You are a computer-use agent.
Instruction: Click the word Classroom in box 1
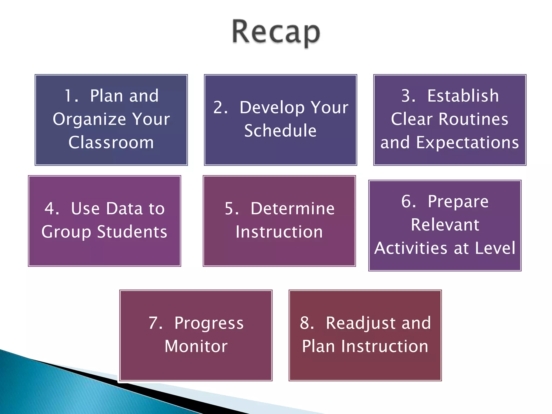[x=111, y=143]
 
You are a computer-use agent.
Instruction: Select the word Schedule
[x=280, y=131]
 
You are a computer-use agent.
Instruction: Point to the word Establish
[x=463, y=96]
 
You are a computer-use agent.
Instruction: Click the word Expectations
[x=467, y=143]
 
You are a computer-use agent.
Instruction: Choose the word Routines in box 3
[x=473, y=119]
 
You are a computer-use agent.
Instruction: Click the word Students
[x=132, y=232]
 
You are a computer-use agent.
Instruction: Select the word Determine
[x=292, y=209]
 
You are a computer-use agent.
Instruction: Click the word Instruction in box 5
[x=279, y=232]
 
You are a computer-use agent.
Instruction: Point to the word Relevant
[x=445, y=225]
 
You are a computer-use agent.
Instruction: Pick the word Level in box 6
[x=495, y=248]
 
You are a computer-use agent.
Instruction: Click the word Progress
[x=209, y=323]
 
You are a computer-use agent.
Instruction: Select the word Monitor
[x=196, y=347]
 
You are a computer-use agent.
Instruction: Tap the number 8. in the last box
[x=307, y=323]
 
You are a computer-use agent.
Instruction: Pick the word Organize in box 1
[x=89, y=119]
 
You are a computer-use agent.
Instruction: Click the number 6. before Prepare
[x=408, y=201]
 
